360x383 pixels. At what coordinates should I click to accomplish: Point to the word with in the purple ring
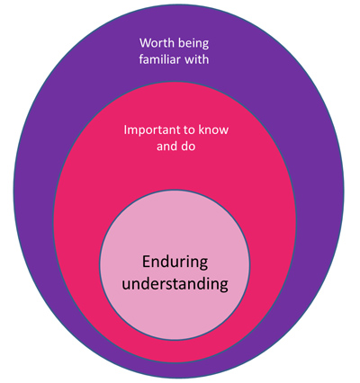point(196,59)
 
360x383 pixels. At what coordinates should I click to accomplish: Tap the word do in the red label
point(189,147)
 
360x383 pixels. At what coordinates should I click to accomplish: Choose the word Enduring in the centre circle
point(175,263)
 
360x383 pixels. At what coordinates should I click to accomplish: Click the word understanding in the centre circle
point(175,283)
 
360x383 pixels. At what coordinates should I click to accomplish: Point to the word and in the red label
point(167,147)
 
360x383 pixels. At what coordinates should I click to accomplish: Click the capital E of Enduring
point(147,262)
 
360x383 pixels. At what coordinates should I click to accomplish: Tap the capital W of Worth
point(145,43)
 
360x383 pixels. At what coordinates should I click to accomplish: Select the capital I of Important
point(125,130)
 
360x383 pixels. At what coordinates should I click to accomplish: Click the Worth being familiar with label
point(174,51)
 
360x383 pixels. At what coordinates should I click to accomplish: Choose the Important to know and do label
point(176,138)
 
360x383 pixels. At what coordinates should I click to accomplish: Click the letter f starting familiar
point(140,59)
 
